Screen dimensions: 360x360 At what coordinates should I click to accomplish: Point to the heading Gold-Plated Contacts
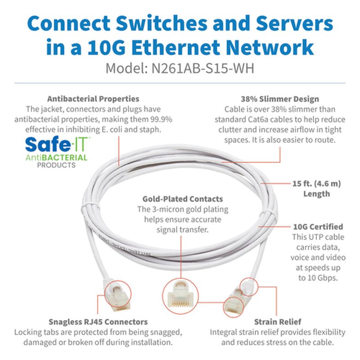tap(183, 198)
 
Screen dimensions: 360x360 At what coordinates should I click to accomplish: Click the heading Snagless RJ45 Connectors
tap(98, 322)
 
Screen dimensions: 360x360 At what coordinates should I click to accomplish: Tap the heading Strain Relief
tap(278, 322)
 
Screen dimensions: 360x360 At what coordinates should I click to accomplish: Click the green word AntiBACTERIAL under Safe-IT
tap(56, 157)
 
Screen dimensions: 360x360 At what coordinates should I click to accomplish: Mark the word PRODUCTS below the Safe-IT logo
tap(56, 165)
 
